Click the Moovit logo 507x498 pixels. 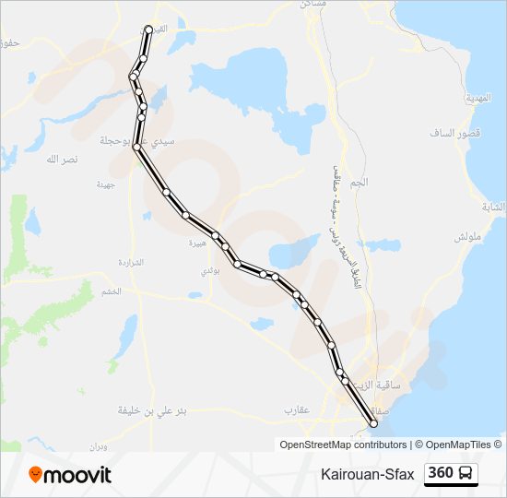coord(70,475)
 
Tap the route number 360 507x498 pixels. coord(441,473)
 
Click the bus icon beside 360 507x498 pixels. coord(466,474)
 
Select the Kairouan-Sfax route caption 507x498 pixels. coord(368,474)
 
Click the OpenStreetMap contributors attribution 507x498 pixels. coord(342,445)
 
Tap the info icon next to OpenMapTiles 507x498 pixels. coord(499,445)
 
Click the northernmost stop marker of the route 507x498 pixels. coord(148,30)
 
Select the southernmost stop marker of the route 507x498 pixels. coord(373,423)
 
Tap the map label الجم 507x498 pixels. coord(360,183)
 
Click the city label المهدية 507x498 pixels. coord(479,98)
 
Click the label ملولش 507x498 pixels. coord(467,237)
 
